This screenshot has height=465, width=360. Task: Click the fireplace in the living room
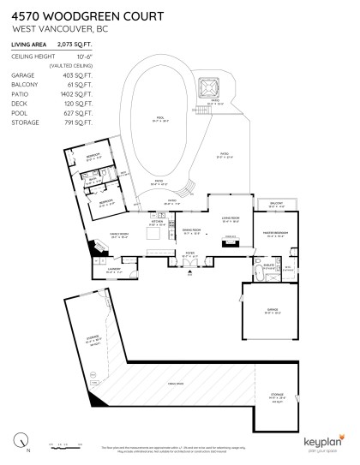pyautogui.click(x=228, y=242)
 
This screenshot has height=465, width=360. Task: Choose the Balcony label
pyautogui.click(x=276, y=204)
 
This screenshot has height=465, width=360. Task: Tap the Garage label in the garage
pyautogui.click(x=273, y=313)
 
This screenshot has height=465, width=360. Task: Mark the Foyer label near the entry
pyautogui.click(x=191, y=254)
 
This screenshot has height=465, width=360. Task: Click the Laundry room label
pyautogui.click(x=114, y=270)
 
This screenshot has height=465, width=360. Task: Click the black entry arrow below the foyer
pyautogui.click(x=189, y=275)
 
